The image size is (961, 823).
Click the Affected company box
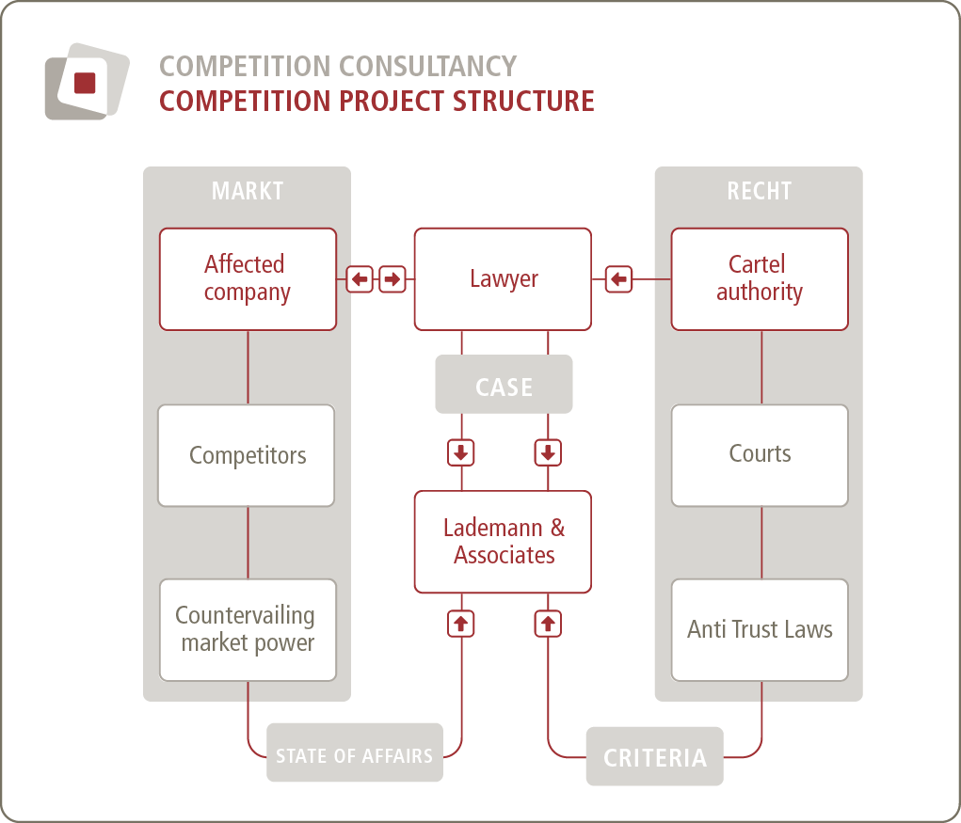248,279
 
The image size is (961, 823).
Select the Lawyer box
503,279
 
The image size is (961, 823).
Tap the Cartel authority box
760,279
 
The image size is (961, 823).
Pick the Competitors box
247,455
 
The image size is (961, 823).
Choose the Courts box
760,455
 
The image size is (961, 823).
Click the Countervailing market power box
248,630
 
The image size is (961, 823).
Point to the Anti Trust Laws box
760,630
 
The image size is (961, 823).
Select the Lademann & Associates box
503,542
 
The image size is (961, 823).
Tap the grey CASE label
504,385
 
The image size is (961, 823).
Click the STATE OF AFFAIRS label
354,752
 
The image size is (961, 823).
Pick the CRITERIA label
654,757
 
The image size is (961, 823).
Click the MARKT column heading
247,191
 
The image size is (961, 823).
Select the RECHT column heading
760,191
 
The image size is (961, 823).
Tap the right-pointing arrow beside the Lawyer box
392,279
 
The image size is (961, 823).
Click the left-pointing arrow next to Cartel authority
618,279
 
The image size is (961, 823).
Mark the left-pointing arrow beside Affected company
360,279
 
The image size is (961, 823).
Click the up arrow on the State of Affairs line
461,624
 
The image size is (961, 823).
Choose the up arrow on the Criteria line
548,624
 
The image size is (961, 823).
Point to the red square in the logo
85,83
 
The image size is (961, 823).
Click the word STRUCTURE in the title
523,101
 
